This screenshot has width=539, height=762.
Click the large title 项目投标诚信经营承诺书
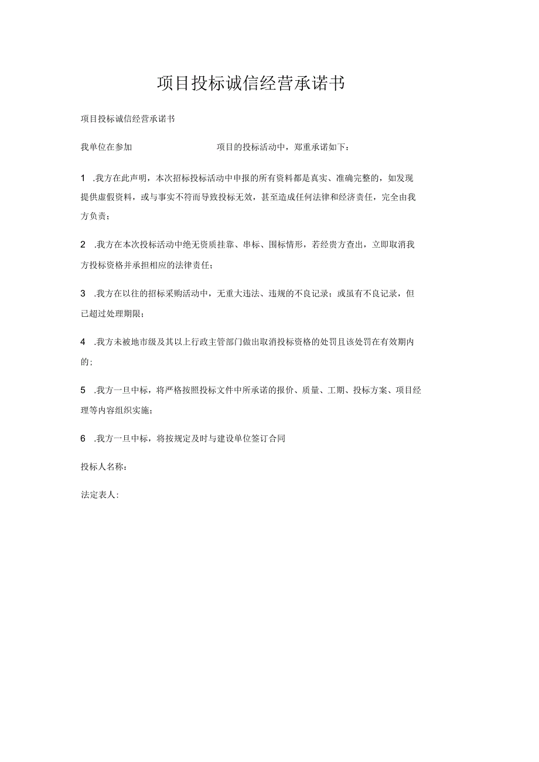click(x=251, y=84)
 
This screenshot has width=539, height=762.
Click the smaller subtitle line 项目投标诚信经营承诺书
click(x=128, y=119)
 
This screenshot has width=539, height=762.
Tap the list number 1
click(x=83, y=177)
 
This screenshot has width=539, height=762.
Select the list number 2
click(x=83, y=244)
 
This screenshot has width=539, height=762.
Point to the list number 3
click(x=83, y=293)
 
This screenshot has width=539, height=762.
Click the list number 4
click(x=83, y=341)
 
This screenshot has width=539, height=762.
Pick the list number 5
click(x=83, y=390)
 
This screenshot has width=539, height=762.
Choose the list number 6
click(x=83, y=438)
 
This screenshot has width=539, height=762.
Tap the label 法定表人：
click(x=100, y=495)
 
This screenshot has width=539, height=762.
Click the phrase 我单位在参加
click(x=107, y=147)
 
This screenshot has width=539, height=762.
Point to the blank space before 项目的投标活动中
click(x=174, y=147)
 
